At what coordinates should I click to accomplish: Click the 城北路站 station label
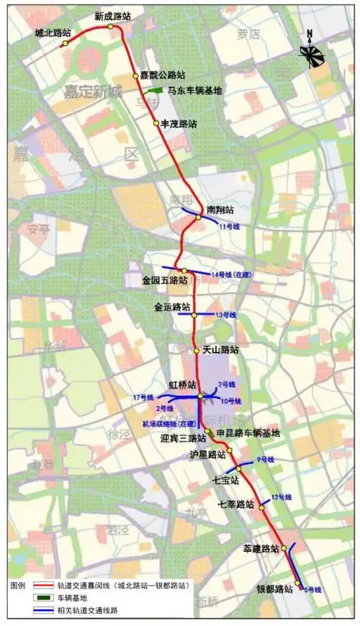click(53, 33)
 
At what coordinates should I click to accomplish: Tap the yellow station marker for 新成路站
click(111, 27)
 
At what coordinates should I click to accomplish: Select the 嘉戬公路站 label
click(163, 74)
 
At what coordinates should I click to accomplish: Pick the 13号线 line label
click(226, 315)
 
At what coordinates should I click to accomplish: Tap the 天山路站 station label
click(220, 350)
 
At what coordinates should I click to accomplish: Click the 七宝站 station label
click(225, 479)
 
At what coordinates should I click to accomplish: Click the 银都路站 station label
click(274, 589)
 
